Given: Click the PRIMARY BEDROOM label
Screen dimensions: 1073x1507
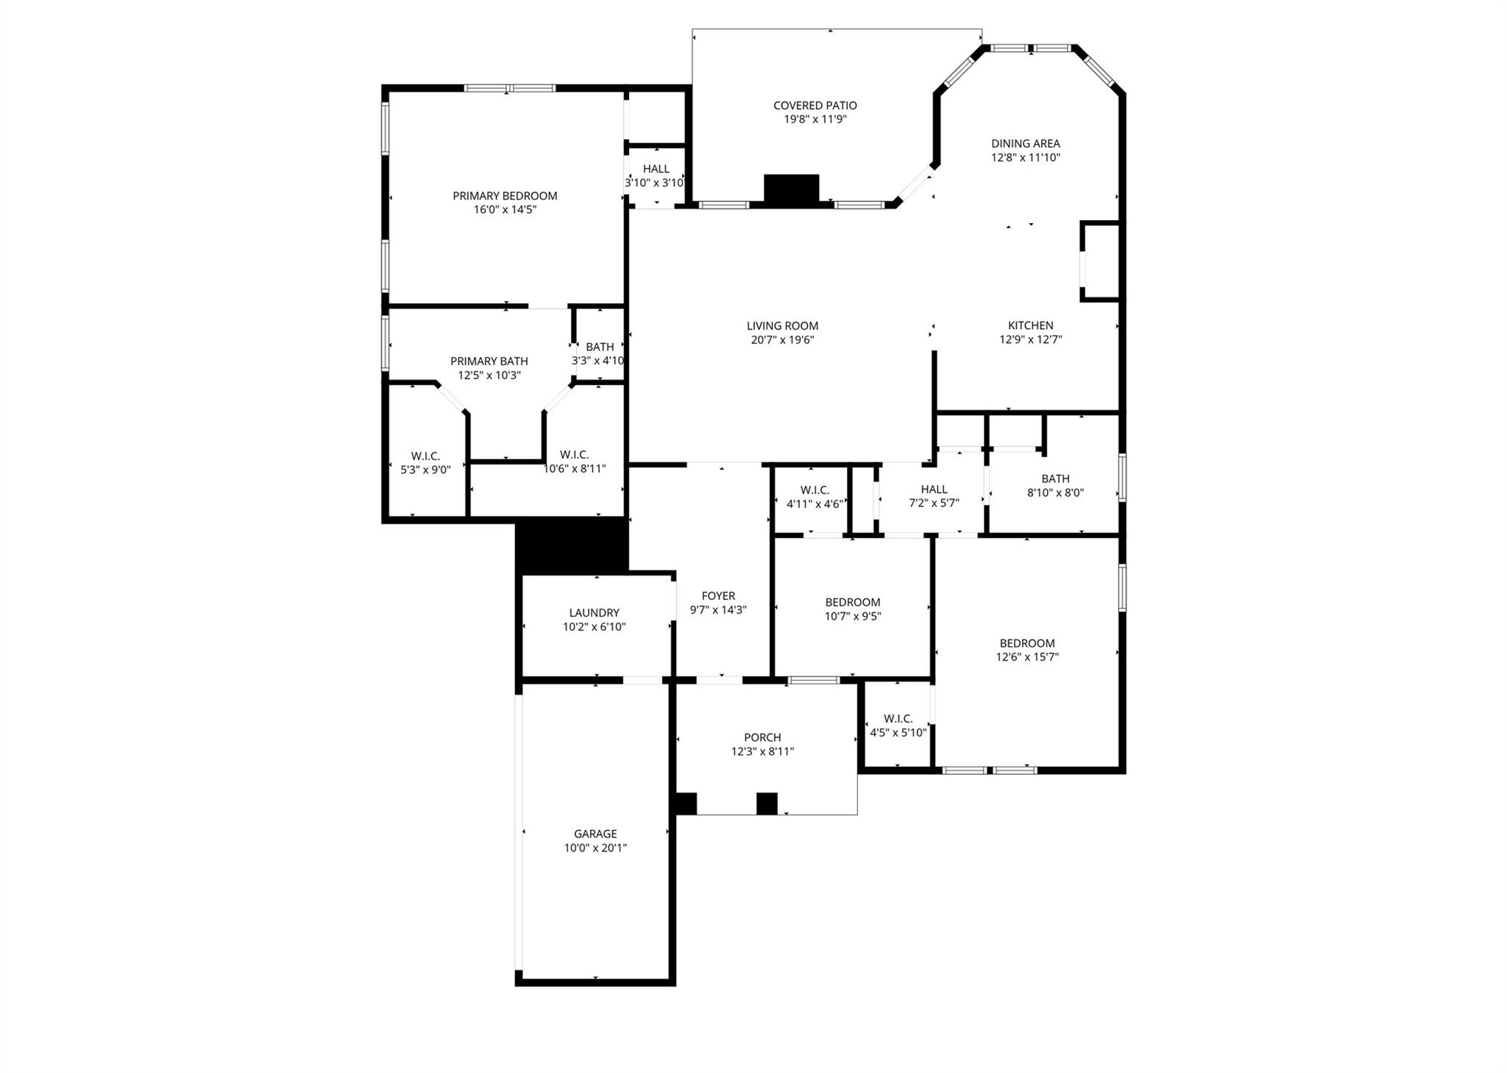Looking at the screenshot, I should (505, 196).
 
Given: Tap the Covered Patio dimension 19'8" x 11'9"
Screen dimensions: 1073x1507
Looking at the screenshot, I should (815, 119).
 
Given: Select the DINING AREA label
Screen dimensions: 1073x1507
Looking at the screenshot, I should (1025, 144).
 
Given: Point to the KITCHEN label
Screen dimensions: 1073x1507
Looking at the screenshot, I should (1030, 325).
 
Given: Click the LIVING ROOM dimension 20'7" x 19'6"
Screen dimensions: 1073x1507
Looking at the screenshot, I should (782, 340).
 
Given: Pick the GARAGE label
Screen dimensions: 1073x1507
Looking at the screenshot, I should (595, 834).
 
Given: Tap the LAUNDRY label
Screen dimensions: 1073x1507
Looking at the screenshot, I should (594, 612).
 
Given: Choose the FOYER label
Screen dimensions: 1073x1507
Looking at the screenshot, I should (718, 596).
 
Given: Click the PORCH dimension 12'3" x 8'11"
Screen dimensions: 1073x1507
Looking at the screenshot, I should (762, 751).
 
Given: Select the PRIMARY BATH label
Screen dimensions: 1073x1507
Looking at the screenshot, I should (489, 361).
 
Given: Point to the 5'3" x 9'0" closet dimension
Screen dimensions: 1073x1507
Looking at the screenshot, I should (425, 470).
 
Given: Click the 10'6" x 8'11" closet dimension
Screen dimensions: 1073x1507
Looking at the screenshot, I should (574, 469).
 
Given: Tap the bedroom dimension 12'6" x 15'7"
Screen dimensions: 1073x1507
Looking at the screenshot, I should (1027, 657).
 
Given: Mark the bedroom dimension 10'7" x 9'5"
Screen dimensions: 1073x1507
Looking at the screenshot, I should (853, 616).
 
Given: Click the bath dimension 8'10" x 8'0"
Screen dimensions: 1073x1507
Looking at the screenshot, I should (1055, 493).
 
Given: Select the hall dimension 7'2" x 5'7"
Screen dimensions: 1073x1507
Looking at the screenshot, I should (934, 503).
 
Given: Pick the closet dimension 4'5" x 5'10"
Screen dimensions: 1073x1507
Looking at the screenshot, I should (898, 733).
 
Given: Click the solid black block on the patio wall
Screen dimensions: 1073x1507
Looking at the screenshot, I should (791, 188).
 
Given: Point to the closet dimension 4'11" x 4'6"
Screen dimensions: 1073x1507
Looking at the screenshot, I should (815, 504).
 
